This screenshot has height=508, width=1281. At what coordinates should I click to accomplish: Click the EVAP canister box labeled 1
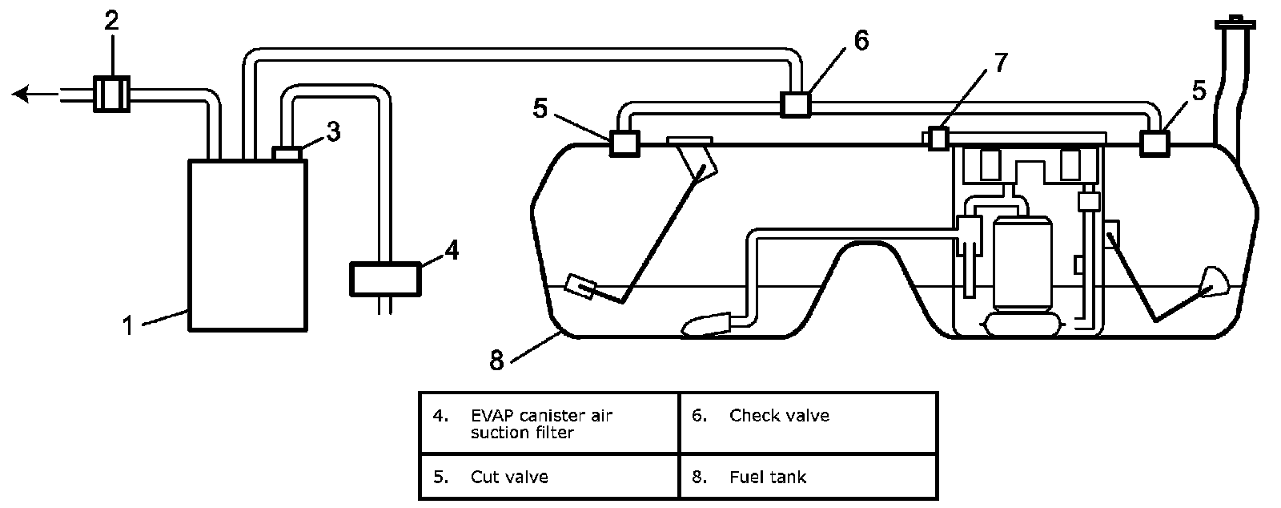pos(247,245)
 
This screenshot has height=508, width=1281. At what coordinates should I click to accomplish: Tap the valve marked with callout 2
pos(111,94)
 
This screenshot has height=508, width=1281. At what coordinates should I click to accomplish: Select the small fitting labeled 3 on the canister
pos(287,153)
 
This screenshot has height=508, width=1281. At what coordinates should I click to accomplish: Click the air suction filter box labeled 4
pos(385,279)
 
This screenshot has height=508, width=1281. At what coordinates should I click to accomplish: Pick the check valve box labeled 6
pos(796,105)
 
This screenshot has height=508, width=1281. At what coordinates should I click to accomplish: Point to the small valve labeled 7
pos(938,139)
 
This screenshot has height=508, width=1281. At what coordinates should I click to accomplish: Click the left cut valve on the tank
pos(624,143)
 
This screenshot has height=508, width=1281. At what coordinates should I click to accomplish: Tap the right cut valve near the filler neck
pos(1155,143)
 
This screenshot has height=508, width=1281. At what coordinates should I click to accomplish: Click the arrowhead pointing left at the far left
pos(20,94)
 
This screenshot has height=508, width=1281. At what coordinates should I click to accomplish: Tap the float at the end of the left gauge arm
pos(580,286)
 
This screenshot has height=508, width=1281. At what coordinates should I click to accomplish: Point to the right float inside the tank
pos(1212,282)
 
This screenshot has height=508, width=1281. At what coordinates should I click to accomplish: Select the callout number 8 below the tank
pos(496,361)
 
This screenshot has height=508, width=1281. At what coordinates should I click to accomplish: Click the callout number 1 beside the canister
pos(128,326)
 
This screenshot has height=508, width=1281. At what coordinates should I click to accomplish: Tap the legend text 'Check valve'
pos(779,415)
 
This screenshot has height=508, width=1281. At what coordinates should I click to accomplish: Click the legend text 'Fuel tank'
pos(768,477)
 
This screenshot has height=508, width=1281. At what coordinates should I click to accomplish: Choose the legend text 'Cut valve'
pos(509,477)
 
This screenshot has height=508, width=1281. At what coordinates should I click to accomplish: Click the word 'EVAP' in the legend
pos(491,415)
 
